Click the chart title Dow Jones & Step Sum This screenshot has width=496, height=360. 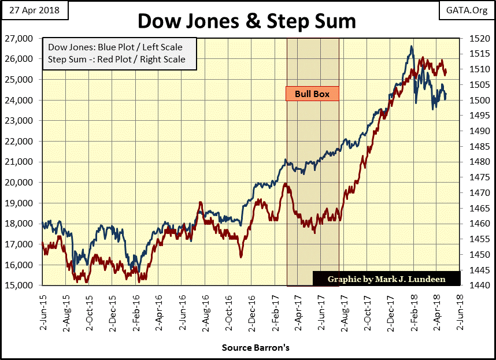tap(246, 21)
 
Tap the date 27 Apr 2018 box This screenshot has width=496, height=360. tap(35, 10)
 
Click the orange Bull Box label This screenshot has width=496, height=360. tap(312, 94)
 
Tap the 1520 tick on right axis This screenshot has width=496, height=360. tap(473, 39)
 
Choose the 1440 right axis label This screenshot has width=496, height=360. tap(473, 285)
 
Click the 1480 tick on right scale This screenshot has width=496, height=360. tap(473, 162)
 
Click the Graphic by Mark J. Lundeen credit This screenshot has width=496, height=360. tap(386, 279)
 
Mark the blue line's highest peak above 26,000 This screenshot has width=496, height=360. tap(412, 47)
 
